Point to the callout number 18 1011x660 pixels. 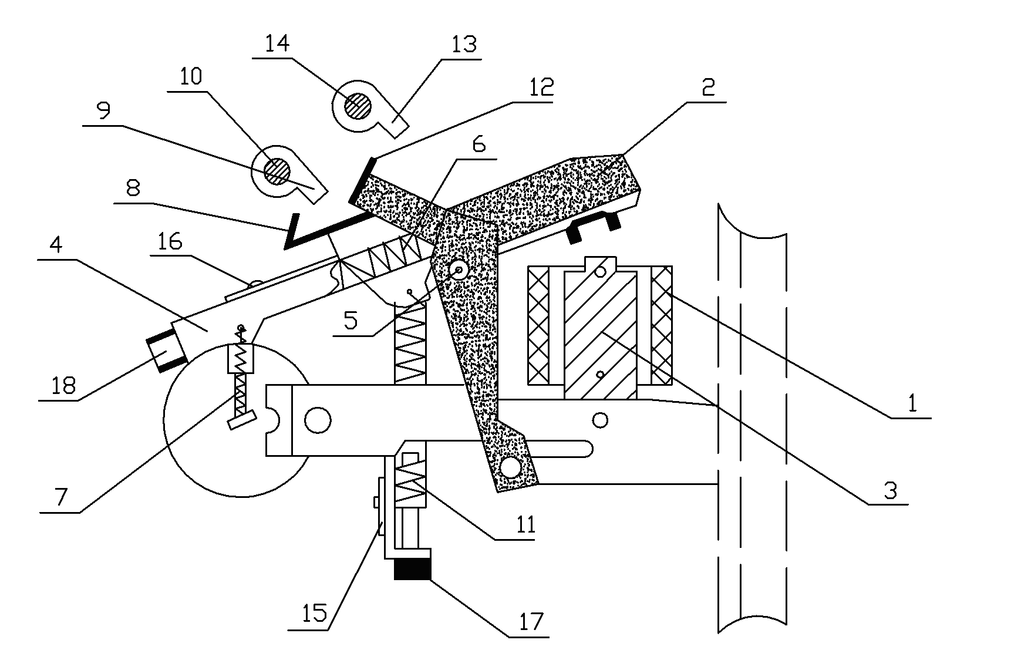[63, 385]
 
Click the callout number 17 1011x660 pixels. [531, 621]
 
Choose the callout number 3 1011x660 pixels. [891, 490]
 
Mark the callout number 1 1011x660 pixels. [912, 403]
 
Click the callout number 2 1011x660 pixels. [708, 87]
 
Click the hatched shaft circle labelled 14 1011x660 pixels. [358, 106]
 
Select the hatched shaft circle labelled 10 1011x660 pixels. [277, 170]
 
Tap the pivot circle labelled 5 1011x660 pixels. [458, 270]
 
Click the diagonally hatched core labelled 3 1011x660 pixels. [600, 334]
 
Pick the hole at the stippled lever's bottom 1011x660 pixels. [510, 468]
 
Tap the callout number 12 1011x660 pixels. [540, 88]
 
